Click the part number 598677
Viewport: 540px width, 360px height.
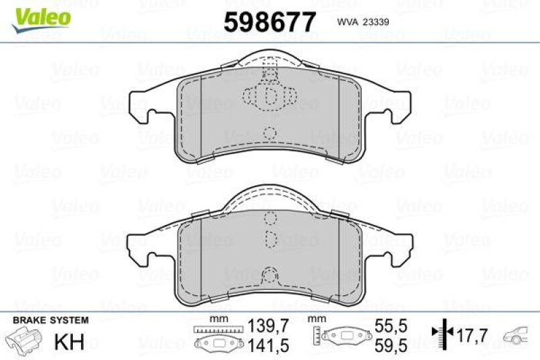270,22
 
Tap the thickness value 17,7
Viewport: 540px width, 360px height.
473,334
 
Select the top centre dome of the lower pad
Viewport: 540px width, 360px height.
270,196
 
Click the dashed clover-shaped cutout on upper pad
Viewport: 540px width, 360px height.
270,97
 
